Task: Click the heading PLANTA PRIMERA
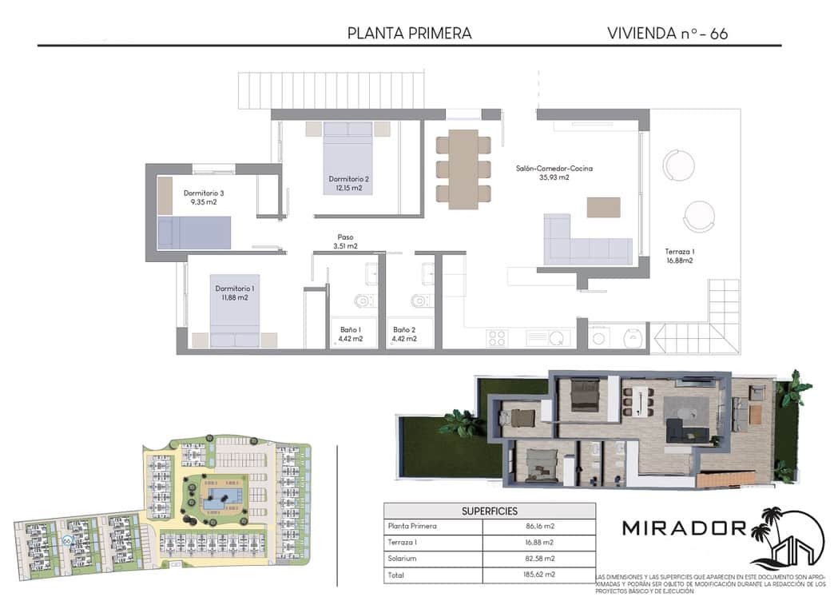click(x=410, y=34)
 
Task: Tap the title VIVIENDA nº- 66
click(x=667, y=34)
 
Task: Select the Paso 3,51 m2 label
click(x=346, y=241)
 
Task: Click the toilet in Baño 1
click(x=365, y=301)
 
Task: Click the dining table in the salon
click(x=463, y=169)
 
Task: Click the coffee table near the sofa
click(x=602, y=207)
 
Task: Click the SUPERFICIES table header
click(x=490, y=511)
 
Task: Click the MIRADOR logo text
click(x=685, y=528)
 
